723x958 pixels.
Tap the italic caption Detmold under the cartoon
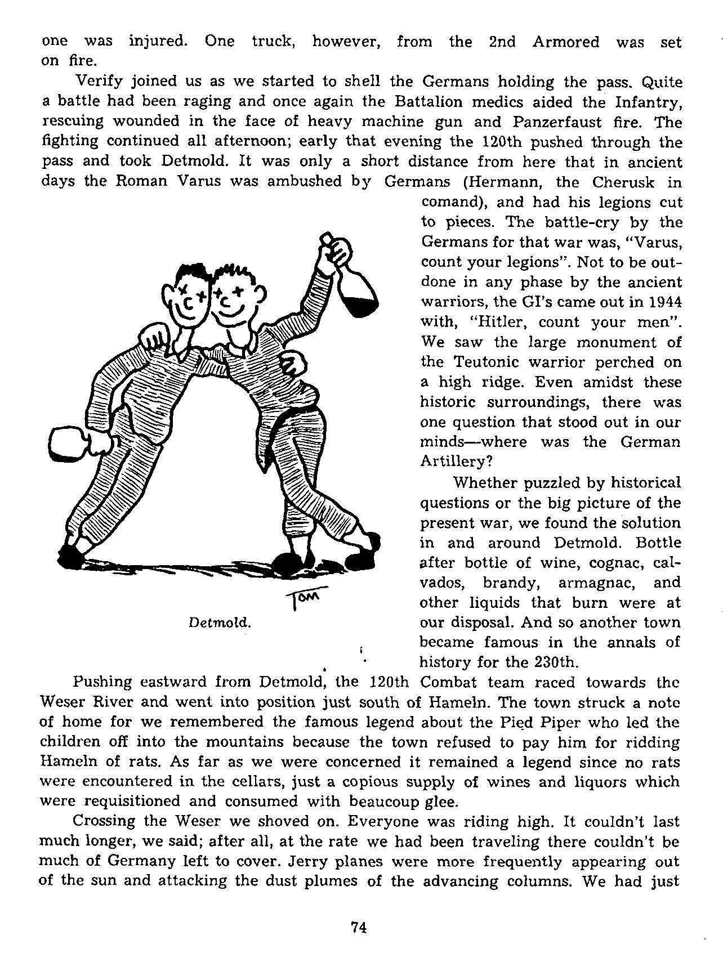click(x=219, y=623)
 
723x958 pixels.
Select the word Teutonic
click(x=488, y=362)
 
